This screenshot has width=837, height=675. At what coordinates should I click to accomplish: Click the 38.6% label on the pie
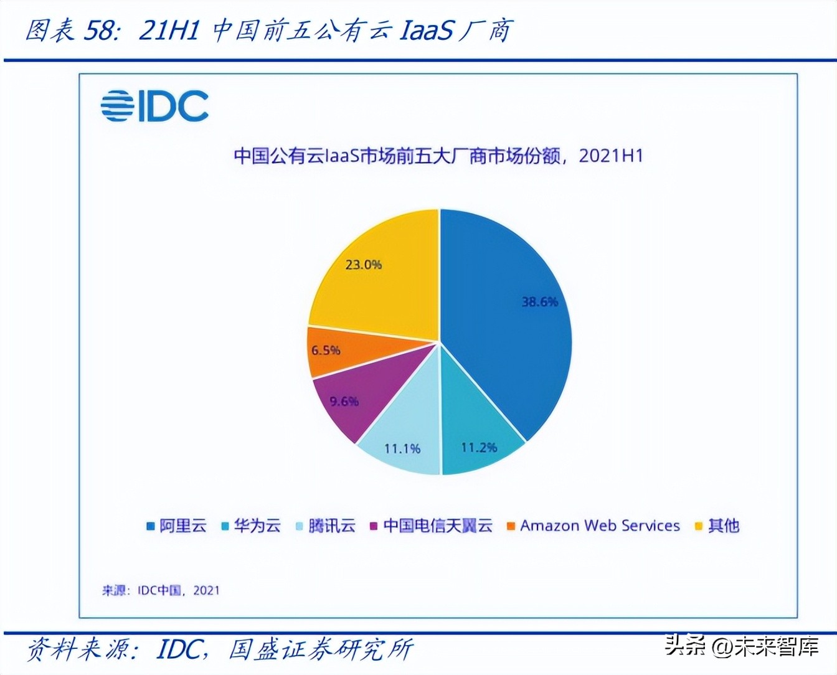tap(539, 302)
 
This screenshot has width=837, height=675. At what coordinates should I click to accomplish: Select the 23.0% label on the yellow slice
tap(363, 265)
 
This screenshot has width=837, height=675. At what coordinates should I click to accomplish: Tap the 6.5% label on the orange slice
tap(326, 351)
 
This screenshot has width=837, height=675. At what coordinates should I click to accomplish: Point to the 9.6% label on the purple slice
tap(344, 402)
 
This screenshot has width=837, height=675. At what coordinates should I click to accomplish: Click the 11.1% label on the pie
tap(402, 448)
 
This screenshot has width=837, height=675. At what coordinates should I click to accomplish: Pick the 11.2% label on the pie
tap(479, 448)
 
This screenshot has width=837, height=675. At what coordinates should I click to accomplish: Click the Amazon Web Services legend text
tap(600, 526)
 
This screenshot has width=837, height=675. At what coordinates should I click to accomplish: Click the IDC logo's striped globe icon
tap(117, 106)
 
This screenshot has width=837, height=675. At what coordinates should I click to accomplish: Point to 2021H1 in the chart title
tap(610, 156)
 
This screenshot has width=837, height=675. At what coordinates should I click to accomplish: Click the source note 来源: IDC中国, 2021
tap(161, 590)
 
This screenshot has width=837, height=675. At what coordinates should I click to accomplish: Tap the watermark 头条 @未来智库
tap(741, 646)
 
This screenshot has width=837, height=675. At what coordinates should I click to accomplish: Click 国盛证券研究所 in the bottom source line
tap(321, 649)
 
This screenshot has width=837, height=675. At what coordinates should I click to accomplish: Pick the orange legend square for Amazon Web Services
tap(511, 526)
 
